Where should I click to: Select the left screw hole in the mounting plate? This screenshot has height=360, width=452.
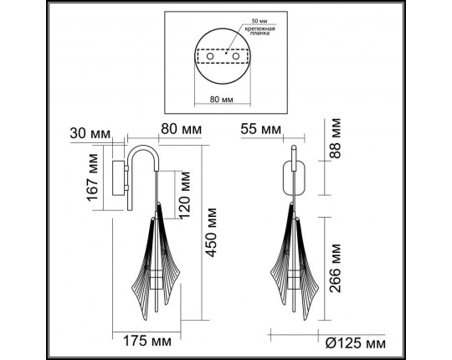pyautogui.click(x=211, y=56)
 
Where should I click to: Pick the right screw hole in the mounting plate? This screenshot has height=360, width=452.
pyautogui.click(x=236, y=56)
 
